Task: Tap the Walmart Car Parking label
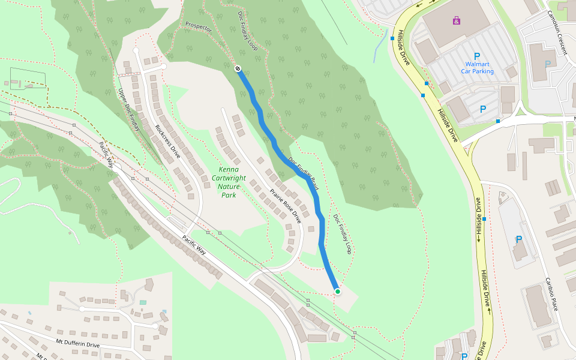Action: pos(477,67)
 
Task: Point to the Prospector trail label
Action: pos(199,27)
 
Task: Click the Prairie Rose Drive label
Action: pos(285,206)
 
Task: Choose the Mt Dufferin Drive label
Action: pos(78,344)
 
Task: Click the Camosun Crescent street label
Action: pos(557,32)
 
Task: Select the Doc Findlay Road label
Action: pos(303,174)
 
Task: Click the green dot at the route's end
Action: pos(338,292)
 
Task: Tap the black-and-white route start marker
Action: pos(238,68)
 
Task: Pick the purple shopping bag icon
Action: pos(457,21)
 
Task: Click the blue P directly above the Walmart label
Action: pos(477,56)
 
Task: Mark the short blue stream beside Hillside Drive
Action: pos(379,47)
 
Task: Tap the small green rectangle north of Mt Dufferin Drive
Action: pos(143,302)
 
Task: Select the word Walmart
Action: pos(477,64)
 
